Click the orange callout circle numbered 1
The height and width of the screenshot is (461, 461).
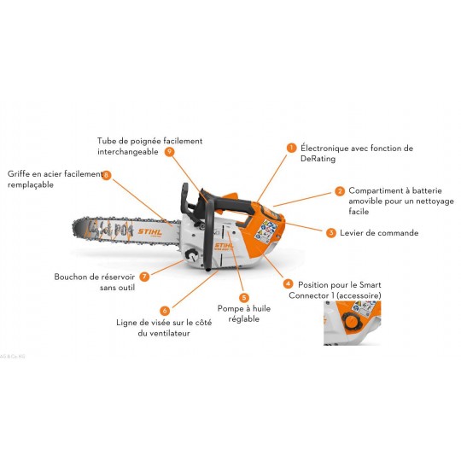pos(291,148)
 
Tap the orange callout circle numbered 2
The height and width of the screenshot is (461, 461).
pos(340,191)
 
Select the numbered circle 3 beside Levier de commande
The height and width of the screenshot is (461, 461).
pos(331,233)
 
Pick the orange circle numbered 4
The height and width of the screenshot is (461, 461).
pos(288,283)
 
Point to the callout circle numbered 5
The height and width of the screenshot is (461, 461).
pos(243,298)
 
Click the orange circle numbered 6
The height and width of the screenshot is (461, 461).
pos(165,311)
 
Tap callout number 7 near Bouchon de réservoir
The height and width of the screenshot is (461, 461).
pos(144,277)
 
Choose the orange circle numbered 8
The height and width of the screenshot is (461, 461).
pos(107,175)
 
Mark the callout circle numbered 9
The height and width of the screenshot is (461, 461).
pos(169,151)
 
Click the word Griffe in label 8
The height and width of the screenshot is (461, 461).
pos(18,174)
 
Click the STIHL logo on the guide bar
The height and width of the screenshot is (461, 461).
pos(150,231)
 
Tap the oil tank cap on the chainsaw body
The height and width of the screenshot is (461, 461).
pos(193,255)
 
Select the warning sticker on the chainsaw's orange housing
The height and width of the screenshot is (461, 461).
pos(266,231)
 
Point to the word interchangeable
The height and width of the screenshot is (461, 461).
pos(128,152)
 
